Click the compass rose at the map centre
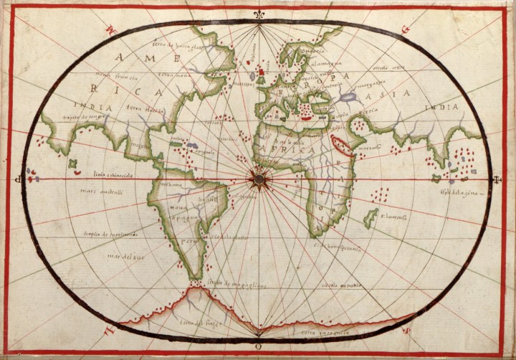(x=257, y=176)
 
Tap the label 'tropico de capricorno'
(x=110, y=234)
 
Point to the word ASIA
(x=394, y=93)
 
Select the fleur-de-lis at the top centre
(x=258, y=14)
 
